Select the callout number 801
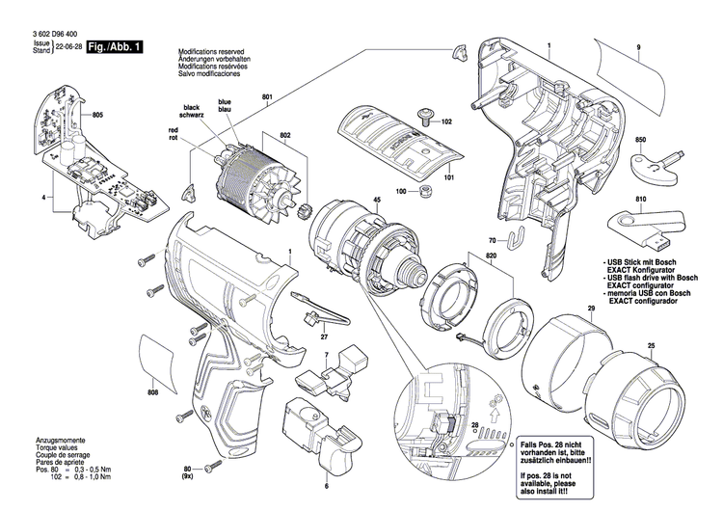pyautogui.click(x=266, y=95)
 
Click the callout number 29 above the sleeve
pyautogui.click(x=591, y=309)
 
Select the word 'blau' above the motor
pyautogui.click(x=225, y=110)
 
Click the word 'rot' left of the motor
pyautogui.click(x=174, y=137)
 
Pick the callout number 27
pyautogui.click(x=323, y=336)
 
